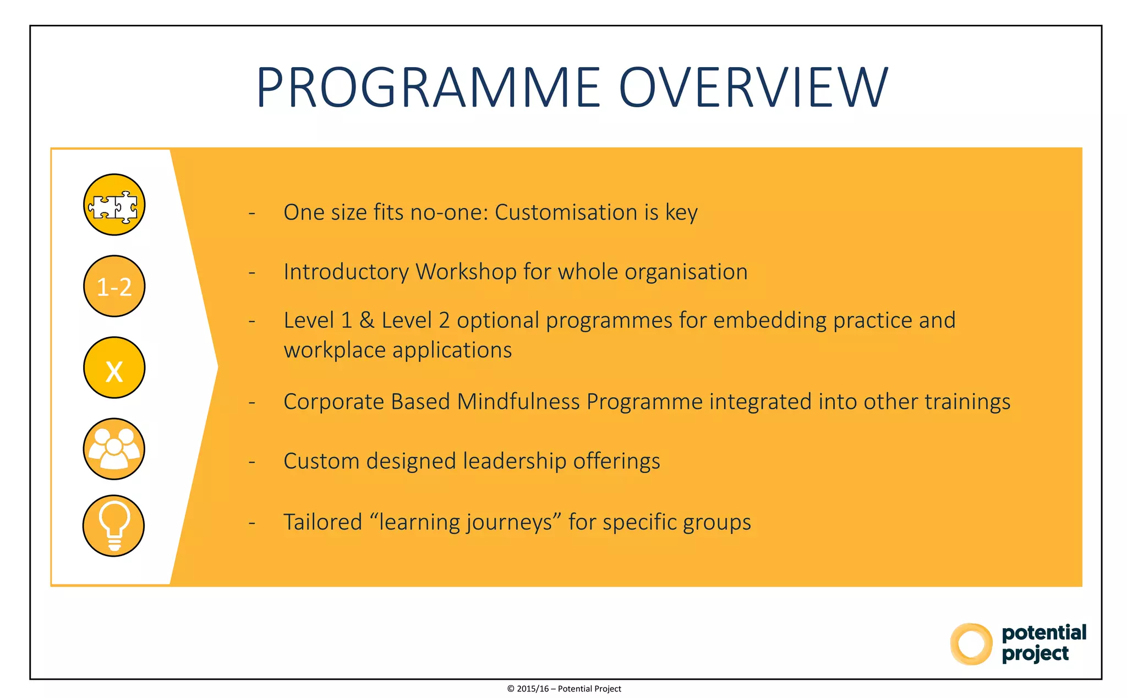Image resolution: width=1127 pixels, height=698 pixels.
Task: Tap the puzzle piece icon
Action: coord(114,205)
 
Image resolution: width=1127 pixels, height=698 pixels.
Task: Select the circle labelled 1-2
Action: coord(114,287)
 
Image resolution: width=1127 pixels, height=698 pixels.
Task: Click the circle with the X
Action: coord(114,368)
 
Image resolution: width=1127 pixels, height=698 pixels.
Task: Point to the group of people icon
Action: coord(114,449)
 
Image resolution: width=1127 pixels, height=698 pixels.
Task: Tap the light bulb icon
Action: coord(114,526)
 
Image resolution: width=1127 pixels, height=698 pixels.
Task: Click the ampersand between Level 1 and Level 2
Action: coord(366,321)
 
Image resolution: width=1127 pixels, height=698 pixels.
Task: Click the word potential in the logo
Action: coord(1043,633)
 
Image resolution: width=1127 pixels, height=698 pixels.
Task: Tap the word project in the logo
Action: coord(1035,654)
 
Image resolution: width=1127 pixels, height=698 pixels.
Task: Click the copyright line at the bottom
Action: coord(563,689)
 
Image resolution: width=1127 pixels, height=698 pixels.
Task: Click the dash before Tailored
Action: coord(252,523)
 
